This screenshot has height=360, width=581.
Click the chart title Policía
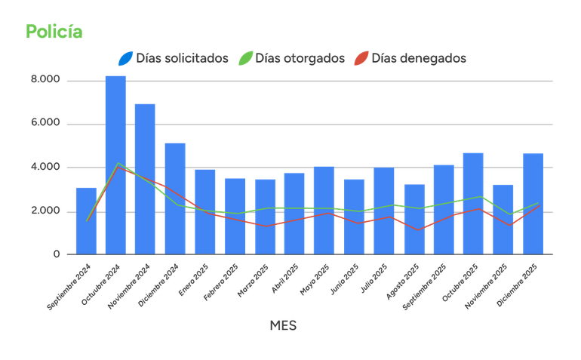pyautogui.click(x=54, y=32)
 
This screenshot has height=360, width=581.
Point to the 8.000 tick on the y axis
pyautogui.click(x=45, y=79)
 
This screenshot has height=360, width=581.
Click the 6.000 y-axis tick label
pyautogui.click(x=45, y=123)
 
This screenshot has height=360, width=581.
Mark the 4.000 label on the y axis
pyautogui.click(x=45, y=167)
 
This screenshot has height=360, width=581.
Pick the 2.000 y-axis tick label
pyautogui.click(x=45, y=211)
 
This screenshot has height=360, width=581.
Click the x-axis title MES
pyautogui.click(x=283, y=325)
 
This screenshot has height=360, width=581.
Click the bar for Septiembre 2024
pyautogui.click(x=85, y=220)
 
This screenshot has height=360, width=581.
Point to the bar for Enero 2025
pyautogui.click(x=204, y=211)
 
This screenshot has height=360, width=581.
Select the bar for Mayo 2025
pyautogui.click(x=324, y=209)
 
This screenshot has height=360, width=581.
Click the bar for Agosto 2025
pyautogui.click(x=414, y=219)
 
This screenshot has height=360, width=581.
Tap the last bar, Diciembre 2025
pyautogui.click(x=533, y=203)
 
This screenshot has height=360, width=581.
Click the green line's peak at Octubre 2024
pyautogui.click(x=117, y=163)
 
